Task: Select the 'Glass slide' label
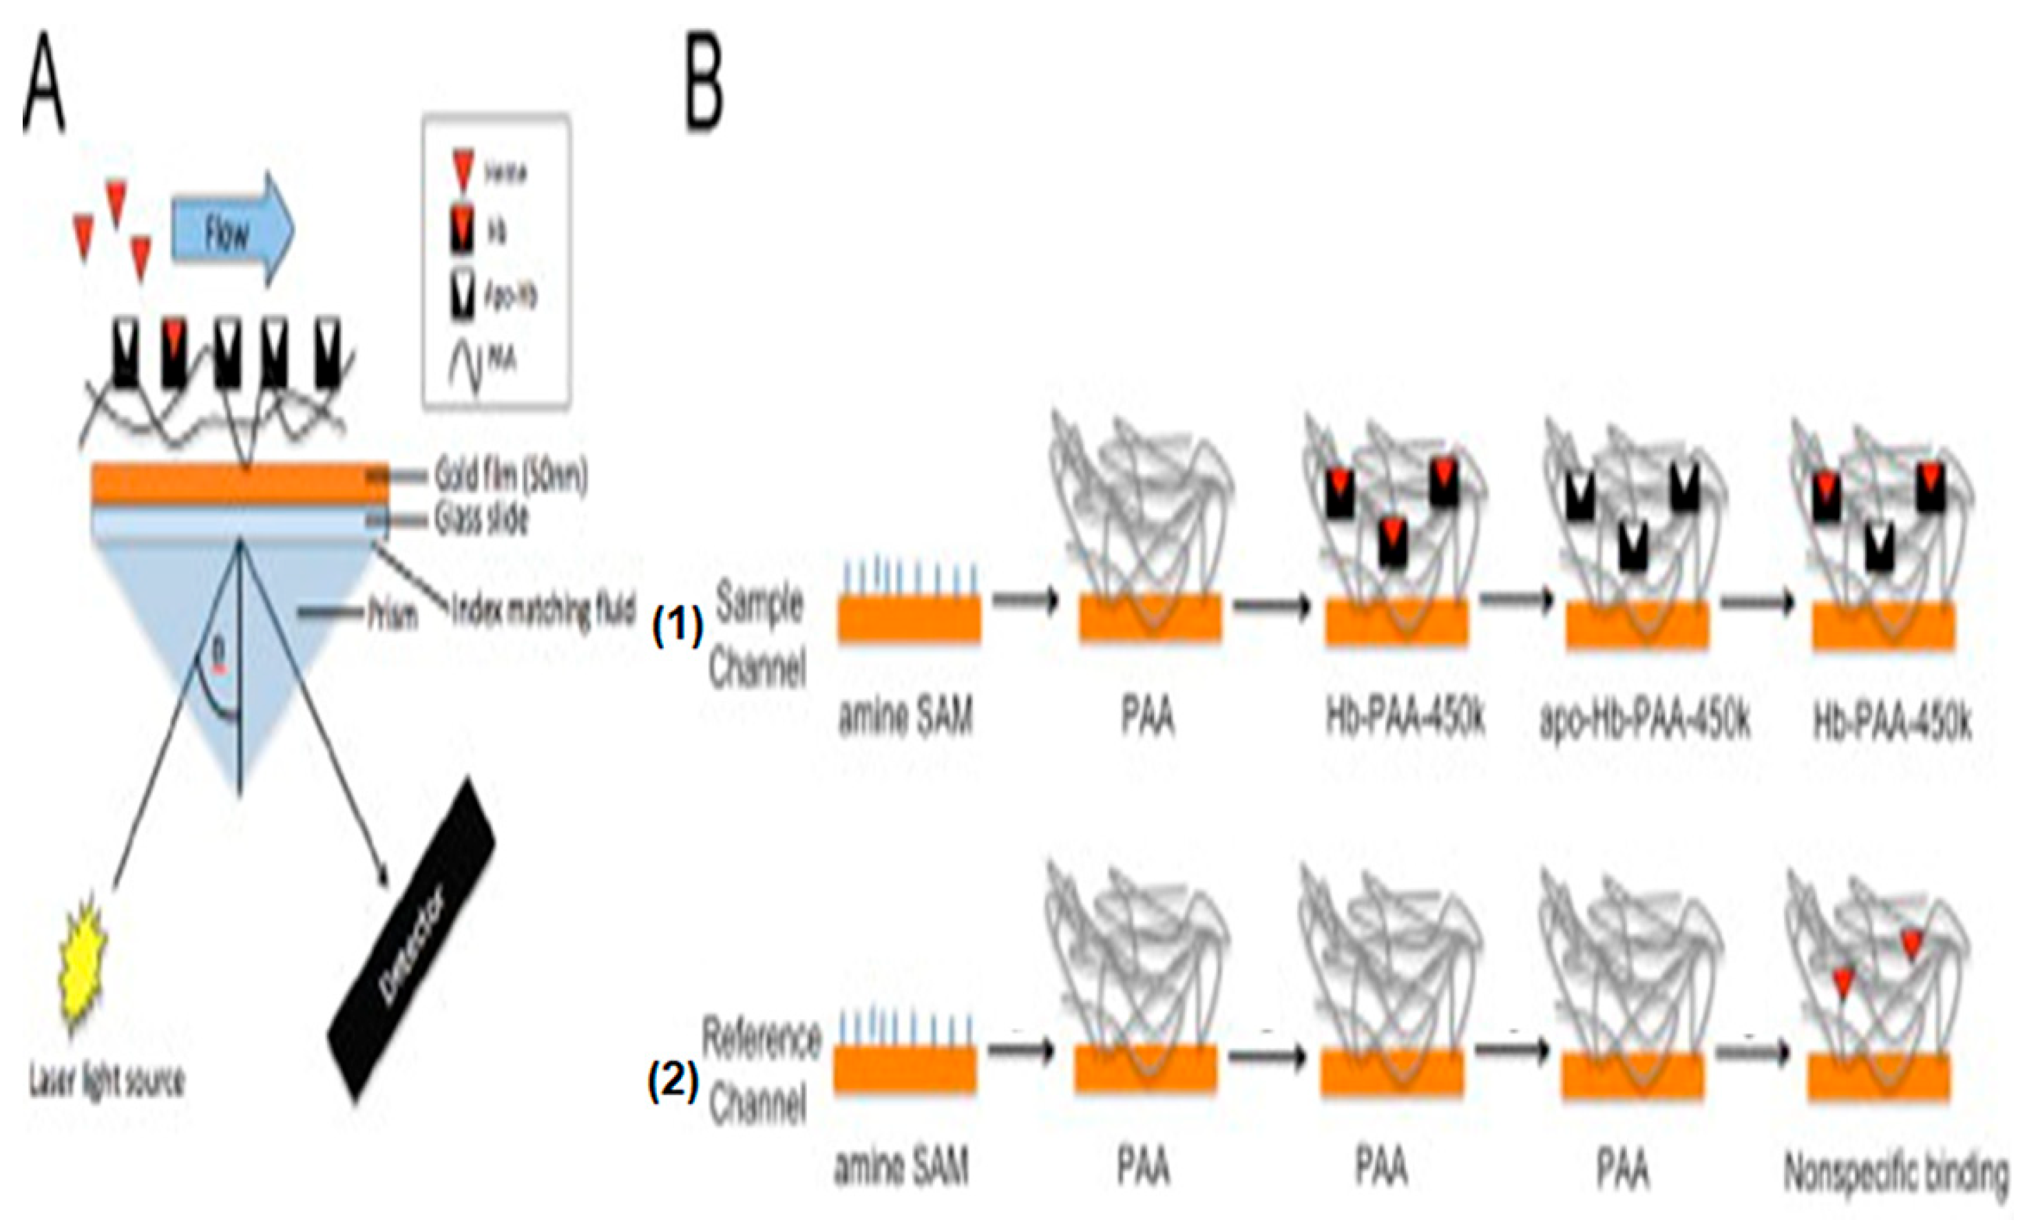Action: (481, 519)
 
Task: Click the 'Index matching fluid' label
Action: (544, 611)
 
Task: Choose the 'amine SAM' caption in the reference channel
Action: (901, 1167)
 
